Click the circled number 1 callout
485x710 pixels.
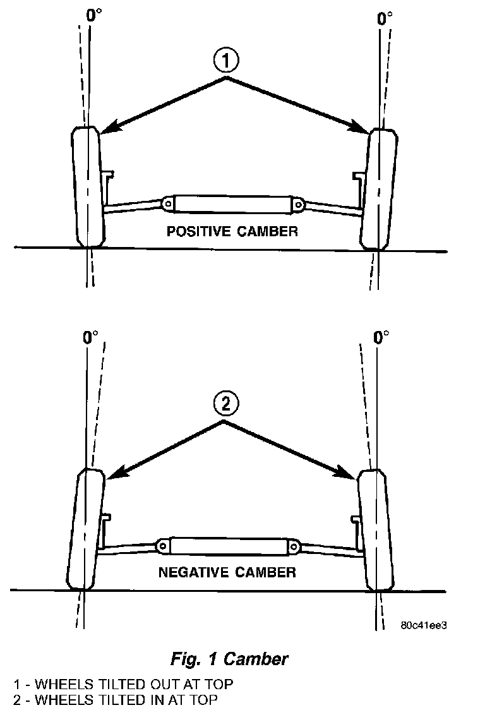227,62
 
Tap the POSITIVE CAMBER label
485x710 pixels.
232,231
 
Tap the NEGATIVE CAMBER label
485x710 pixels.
227,573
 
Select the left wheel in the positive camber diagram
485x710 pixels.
88,187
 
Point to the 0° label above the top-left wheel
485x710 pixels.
93,15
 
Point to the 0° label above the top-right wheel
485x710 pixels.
385,18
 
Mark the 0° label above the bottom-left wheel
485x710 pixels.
90,337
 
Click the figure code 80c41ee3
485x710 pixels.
424,625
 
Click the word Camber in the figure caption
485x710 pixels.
256,659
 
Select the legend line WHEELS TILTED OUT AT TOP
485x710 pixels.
123,684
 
